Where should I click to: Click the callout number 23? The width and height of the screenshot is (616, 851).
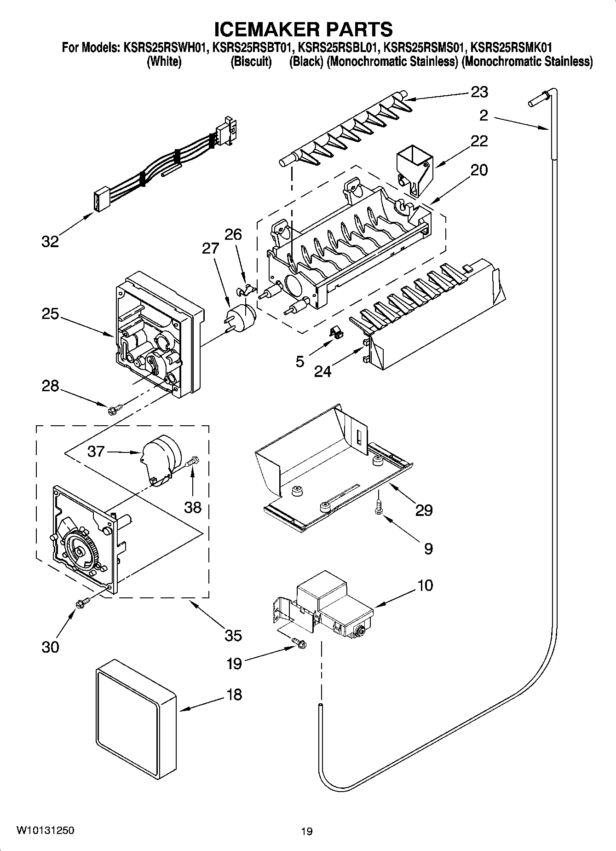(x=479, y=92)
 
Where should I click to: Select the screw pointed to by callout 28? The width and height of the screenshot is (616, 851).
(x=115, y=408)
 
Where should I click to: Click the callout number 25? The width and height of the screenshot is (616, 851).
(x=50, y=314)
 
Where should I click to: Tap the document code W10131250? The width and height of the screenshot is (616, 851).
(x=45, y=830)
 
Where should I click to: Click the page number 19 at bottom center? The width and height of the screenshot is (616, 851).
(x=307, y=831)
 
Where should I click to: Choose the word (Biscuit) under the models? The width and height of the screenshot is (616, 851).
(x=251, y=62)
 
